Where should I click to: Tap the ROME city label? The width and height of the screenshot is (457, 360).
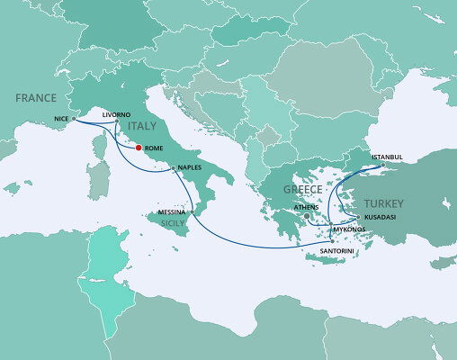(154, 148)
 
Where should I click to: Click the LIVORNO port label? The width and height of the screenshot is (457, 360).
(117, 114)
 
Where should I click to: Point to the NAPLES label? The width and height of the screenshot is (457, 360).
(189, 167)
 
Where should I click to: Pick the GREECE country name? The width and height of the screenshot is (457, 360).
(303, 191)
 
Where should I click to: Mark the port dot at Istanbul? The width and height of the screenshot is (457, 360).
(382, 164)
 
